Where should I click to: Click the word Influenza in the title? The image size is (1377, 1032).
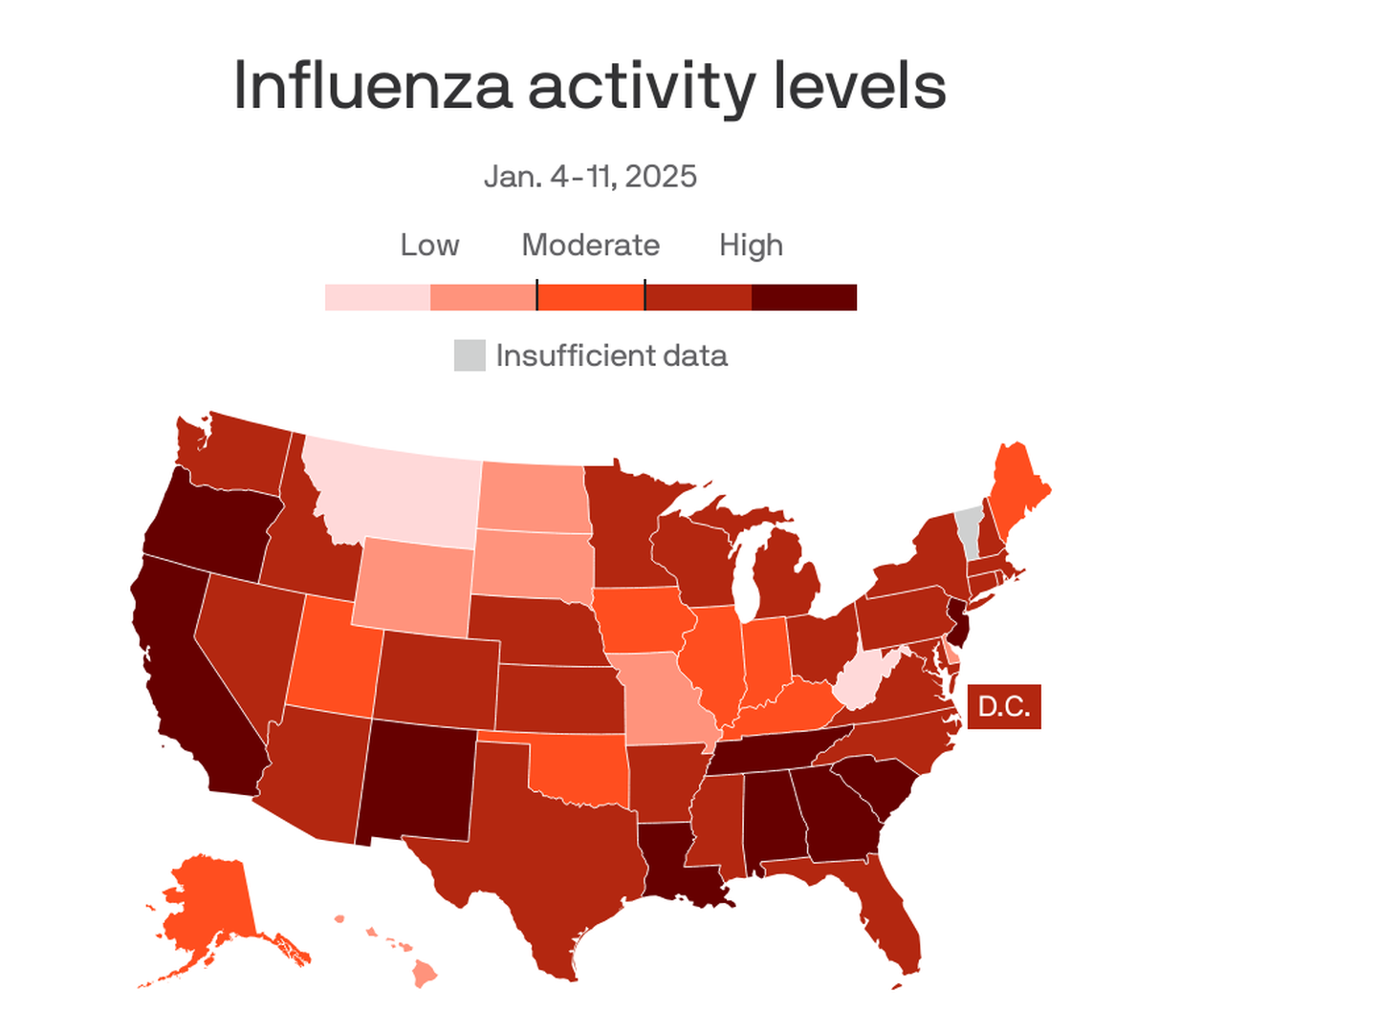click(374, 86)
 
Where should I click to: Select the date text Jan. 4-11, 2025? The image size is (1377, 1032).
click(590, 177)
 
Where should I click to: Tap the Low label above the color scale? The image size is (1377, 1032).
click(429, 246)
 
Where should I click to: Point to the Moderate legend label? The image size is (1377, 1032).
click(590, 246)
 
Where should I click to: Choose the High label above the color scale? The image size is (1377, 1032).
click(751, 246)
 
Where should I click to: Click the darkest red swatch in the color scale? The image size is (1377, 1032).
click(803, 297)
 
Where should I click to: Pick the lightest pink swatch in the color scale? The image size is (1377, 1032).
click(378, 297)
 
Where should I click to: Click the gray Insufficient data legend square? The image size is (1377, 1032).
click(470, 355)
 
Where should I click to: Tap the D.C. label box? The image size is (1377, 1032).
click(1004, 707)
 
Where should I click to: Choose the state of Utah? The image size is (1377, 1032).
click(330, 659)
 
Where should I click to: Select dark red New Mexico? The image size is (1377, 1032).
click(416, 779)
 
